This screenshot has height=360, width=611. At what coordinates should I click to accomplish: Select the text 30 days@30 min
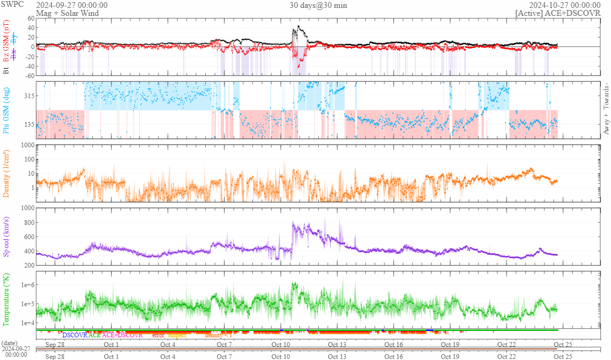(318, 5)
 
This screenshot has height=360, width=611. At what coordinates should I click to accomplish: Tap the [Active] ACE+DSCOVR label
(558, 13)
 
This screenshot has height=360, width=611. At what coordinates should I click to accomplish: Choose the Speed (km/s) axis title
(7, 236)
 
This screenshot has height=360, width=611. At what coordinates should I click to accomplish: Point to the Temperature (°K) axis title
(7, 298)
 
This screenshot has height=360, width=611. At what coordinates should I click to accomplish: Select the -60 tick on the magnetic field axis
(28, 75)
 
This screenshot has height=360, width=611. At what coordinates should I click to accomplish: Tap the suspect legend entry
(177, 335)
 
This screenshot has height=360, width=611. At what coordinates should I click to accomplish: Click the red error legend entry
(158, 335)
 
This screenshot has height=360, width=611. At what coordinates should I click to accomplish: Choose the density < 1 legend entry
(218, 335)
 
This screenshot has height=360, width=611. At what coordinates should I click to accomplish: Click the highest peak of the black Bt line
(299, 26)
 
